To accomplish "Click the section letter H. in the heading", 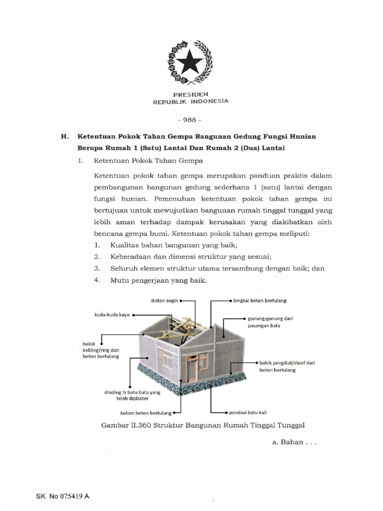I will pos(64,136).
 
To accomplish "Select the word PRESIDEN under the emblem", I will pos(191,94).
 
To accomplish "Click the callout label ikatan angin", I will pos(164,301).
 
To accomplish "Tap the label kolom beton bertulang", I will pos(146,413).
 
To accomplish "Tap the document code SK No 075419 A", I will pos(63,497).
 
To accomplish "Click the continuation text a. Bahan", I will pos(294,442).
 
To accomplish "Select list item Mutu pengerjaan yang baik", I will pos(159,280).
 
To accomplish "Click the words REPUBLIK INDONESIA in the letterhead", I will pos(191,101).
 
